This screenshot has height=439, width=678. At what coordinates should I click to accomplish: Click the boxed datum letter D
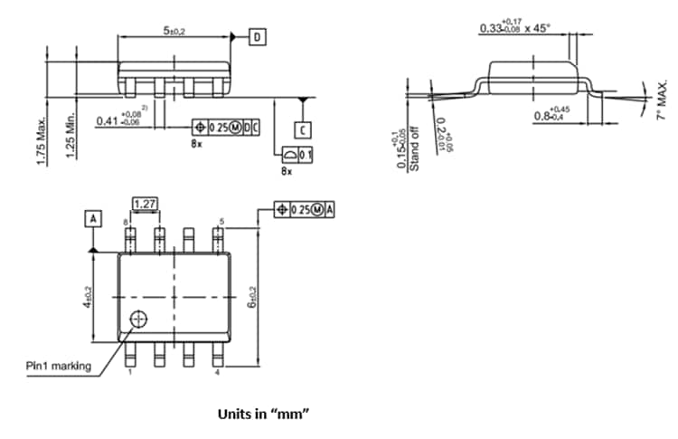point(259,37)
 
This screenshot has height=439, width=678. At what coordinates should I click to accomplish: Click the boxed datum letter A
point(92,217)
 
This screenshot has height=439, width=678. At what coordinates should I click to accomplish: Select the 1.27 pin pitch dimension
point(145,203)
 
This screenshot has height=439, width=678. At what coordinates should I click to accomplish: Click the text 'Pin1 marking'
point(59,366)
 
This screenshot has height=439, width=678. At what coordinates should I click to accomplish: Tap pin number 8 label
point(126,222)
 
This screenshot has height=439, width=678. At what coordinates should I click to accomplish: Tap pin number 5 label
point(221,220)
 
